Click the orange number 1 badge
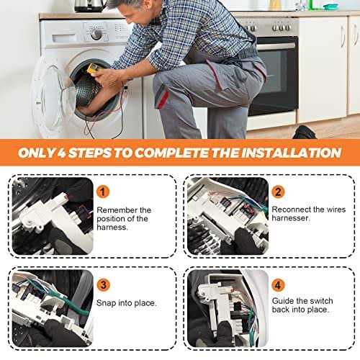[103, 192]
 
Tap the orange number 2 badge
[278, 192]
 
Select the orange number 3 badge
[103, 285]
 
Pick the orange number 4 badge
[278, 285]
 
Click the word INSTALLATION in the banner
[292, 153]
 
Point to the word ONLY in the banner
[37, 153]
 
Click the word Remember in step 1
[117, 210]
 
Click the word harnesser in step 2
[290, 218]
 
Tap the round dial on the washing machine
[96, 34]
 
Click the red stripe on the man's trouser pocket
[163, 99]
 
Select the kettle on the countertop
[90, 6]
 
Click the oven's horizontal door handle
[276, 46]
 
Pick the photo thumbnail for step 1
[53, 216]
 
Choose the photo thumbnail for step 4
[228, 308]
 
